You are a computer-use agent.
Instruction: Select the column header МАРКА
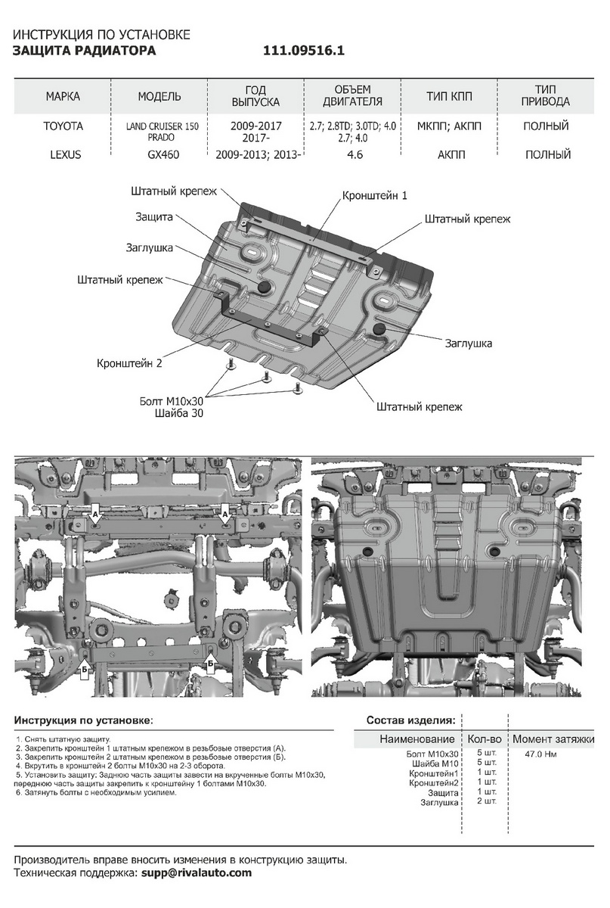point(63,97)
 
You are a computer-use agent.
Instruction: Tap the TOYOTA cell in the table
point(63,126)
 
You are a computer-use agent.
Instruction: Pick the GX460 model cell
point(159,154)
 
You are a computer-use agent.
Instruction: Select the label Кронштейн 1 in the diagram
point(375,195)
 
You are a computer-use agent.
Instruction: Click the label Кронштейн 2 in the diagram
point(129,363)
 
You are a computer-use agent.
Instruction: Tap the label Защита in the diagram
point(155,217)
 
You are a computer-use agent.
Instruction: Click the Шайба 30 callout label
point(178,413)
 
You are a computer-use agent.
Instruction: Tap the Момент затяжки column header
point(553,739)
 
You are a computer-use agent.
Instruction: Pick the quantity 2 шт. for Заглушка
point(486,801)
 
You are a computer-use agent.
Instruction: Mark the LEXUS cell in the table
point(63,154)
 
